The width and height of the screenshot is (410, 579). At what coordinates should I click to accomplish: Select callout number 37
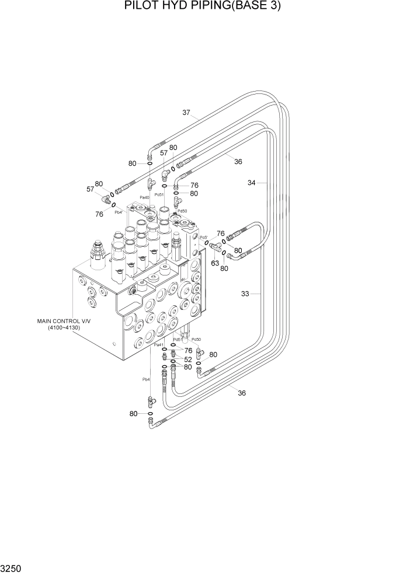tap(186, 113)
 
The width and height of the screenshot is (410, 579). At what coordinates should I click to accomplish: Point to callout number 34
tap(252, 183)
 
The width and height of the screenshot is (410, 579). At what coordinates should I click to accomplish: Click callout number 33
tap(245, 294)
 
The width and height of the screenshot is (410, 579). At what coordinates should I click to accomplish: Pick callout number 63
tap(215, 263)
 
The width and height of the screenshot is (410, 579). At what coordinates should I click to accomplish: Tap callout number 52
tap(188, 360)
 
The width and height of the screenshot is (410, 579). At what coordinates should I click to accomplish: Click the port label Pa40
tap(144, 198)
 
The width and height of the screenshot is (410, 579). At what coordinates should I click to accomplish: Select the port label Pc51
tap(159, 194)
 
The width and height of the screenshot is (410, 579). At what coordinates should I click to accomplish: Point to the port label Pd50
tap(182, 211)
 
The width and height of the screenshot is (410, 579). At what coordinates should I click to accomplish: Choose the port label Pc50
tap(196, 340)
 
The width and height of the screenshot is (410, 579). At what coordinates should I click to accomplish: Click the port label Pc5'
tap(204, 238)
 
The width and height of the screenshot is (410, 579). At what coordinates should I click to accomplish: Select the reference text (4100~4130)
tap(64, 328)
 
